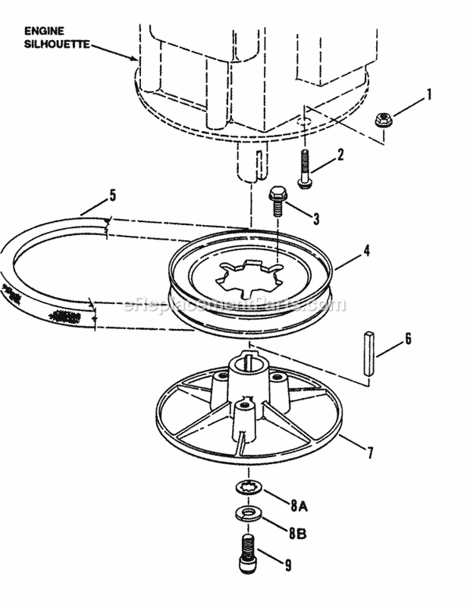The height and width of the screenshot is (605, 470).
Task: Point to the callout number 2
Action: coord(340,155)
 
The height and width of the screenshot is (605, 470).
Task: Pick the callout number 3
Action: coord(316,218)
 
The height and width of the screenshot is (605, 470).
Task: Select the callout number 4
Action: coord(366,251)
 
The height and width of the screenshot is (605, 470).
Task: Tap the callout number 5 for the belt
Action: coord(112,196)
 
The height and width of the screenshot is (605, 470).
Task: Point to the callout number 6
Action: coord(408,339)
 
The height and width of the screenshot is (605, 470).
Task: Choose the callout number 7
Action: coord(370,452)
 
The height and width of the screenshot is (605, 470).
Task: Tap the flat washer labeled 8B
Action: coord(249,513)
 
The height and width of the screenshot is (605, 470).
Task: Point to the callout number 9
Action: coord(288,565)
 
